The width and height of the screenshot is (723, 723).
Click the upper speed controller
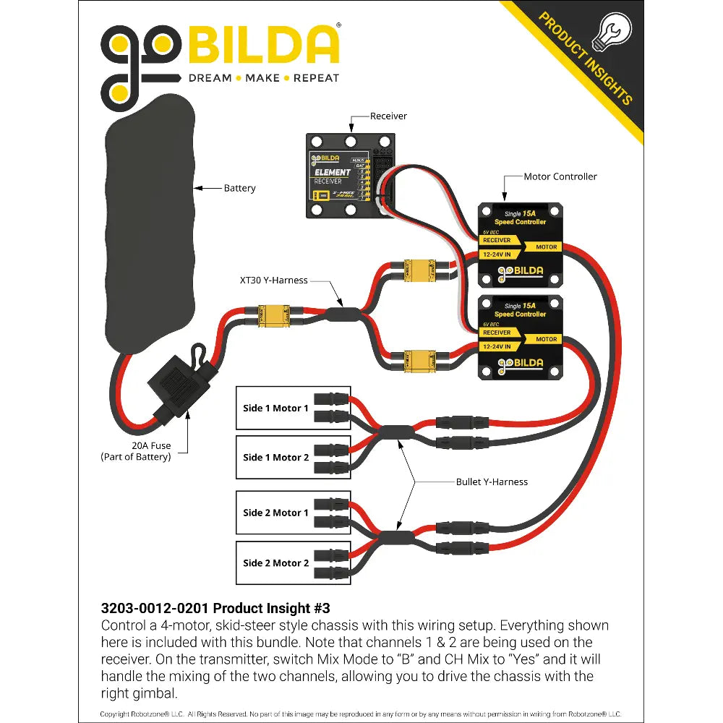521,243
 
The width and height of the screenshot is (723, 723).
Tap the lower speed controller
521,337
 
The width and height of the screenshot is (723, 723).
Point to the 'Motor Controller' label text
560,176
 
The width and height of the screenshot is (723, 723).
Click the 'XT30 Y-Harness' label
274,280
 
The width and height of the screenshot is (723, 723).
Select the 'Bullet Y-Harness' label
492,482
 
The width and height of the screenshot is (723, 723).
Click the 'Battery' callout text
239,189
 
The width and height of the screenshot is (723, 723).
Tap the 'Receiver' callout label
388,116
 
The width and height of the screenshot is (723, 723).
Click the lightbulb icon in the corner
611,33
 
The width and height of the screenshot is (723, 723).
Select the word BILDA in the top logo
264,46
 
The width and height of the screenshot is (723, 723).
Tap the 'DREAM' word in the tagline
210,78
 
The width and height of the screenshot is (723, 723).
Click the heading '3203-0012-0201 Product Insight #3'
215,608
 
